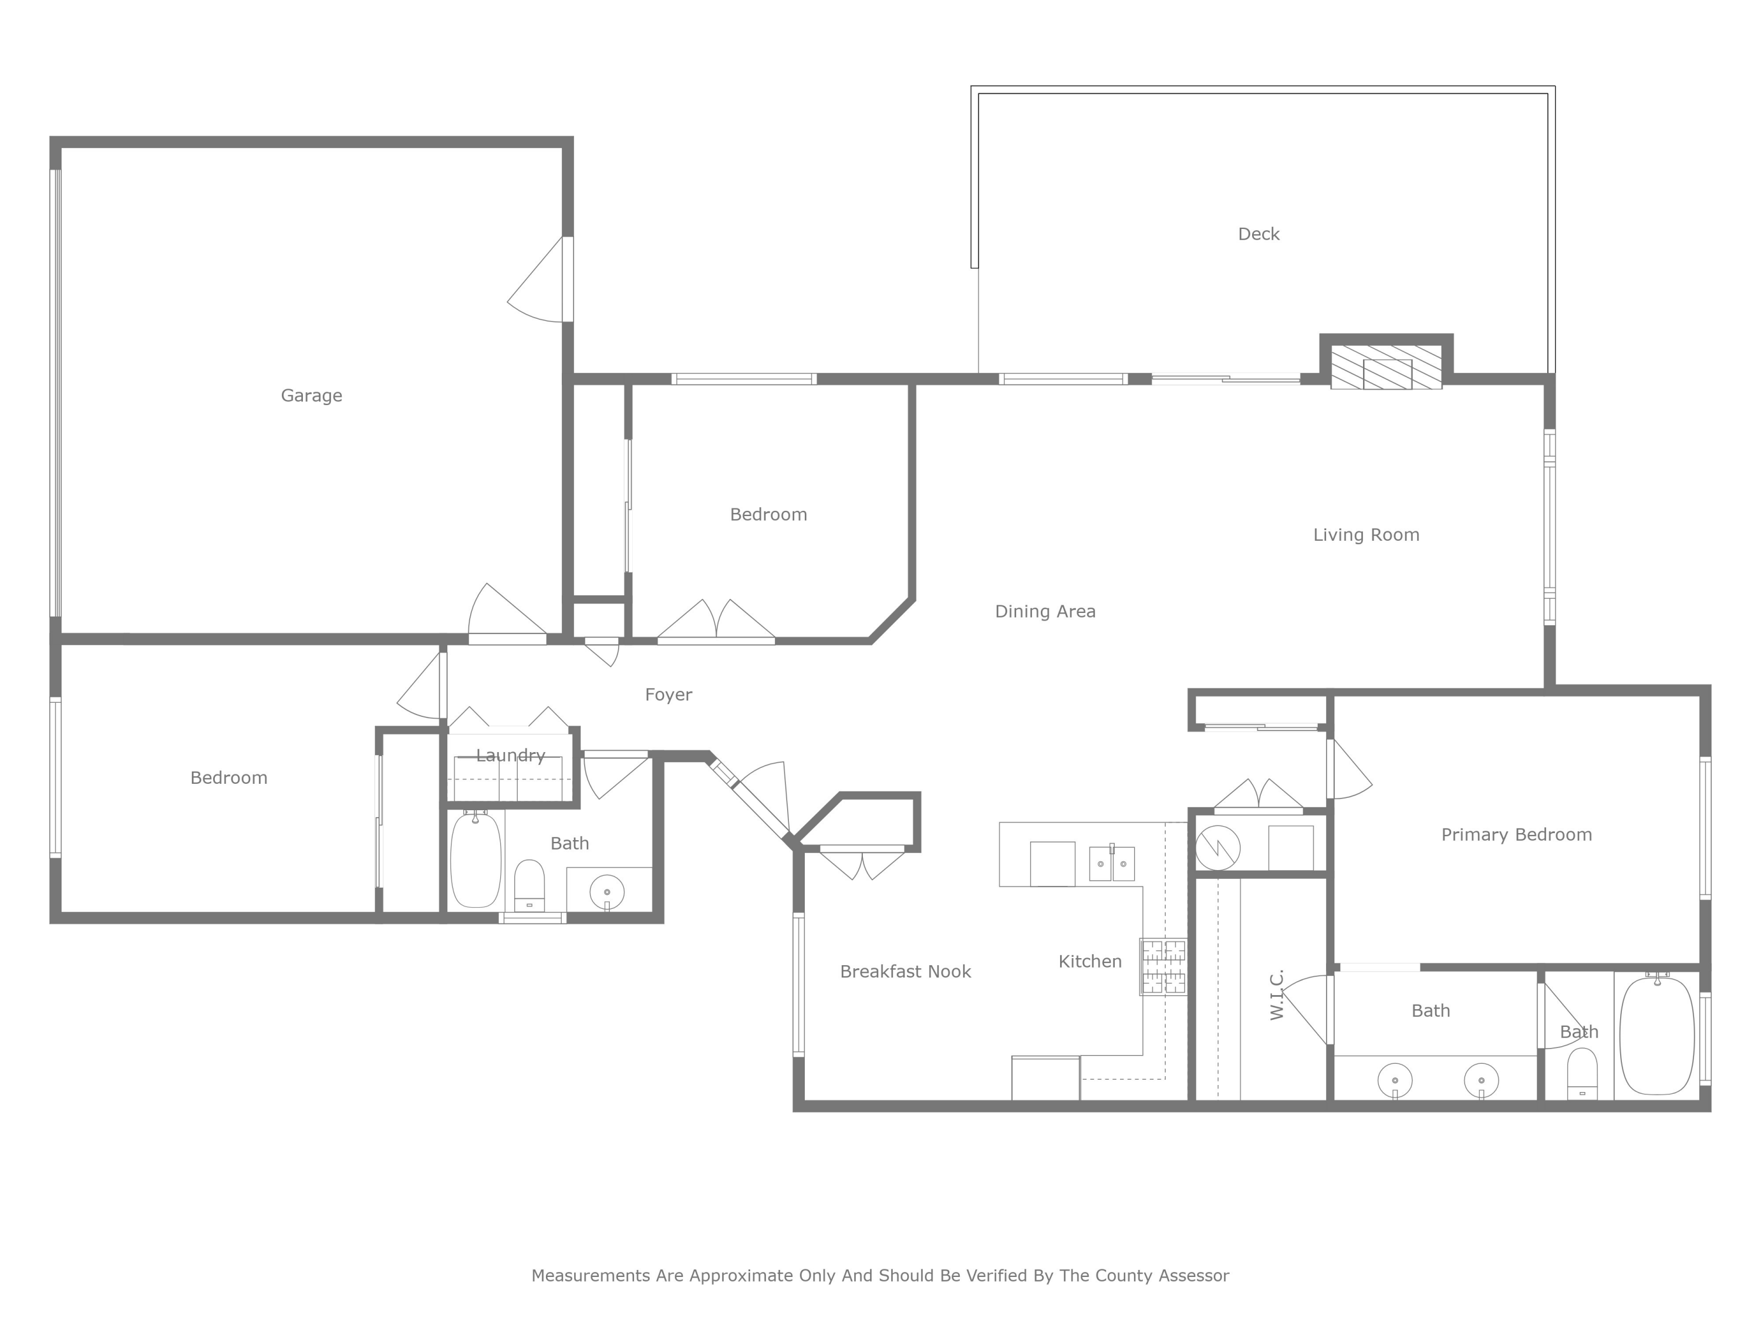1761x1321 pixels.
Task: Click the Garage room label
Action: tap(311, 396)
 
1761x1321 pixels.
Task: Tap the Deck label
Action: tap(1259, 234)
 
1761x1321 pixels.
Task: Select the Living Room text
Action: tap(1366, 535)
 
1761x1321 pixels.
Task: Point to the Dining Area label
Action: tap(1045, 612)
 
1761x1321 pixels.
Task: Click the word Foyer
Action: tap(668, 695)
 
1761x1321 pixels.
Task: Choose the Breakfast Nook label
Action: tap(905, 972)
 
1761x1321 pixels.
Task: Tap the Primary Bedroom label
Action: tap(1516, 834)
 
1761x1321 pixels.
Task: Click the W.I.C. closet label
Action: tap(1277, 995)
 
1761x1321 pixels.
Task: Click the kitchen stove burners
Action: tap(1163, 966)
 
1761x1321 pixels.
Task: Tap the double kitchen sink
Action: tap(1111, 864)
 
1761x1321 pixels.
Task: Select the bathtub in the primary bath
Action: tap(1657, 1035)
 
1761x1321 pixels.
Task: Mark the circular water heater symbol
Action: tap(1218, 847)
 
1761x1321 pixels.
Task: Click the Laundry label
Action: tap(510, 756)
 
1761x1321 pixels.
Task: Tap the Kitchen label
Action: tap(1090, 962)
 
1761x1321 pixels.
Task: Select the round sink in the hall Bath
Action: tap(606, 892)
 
